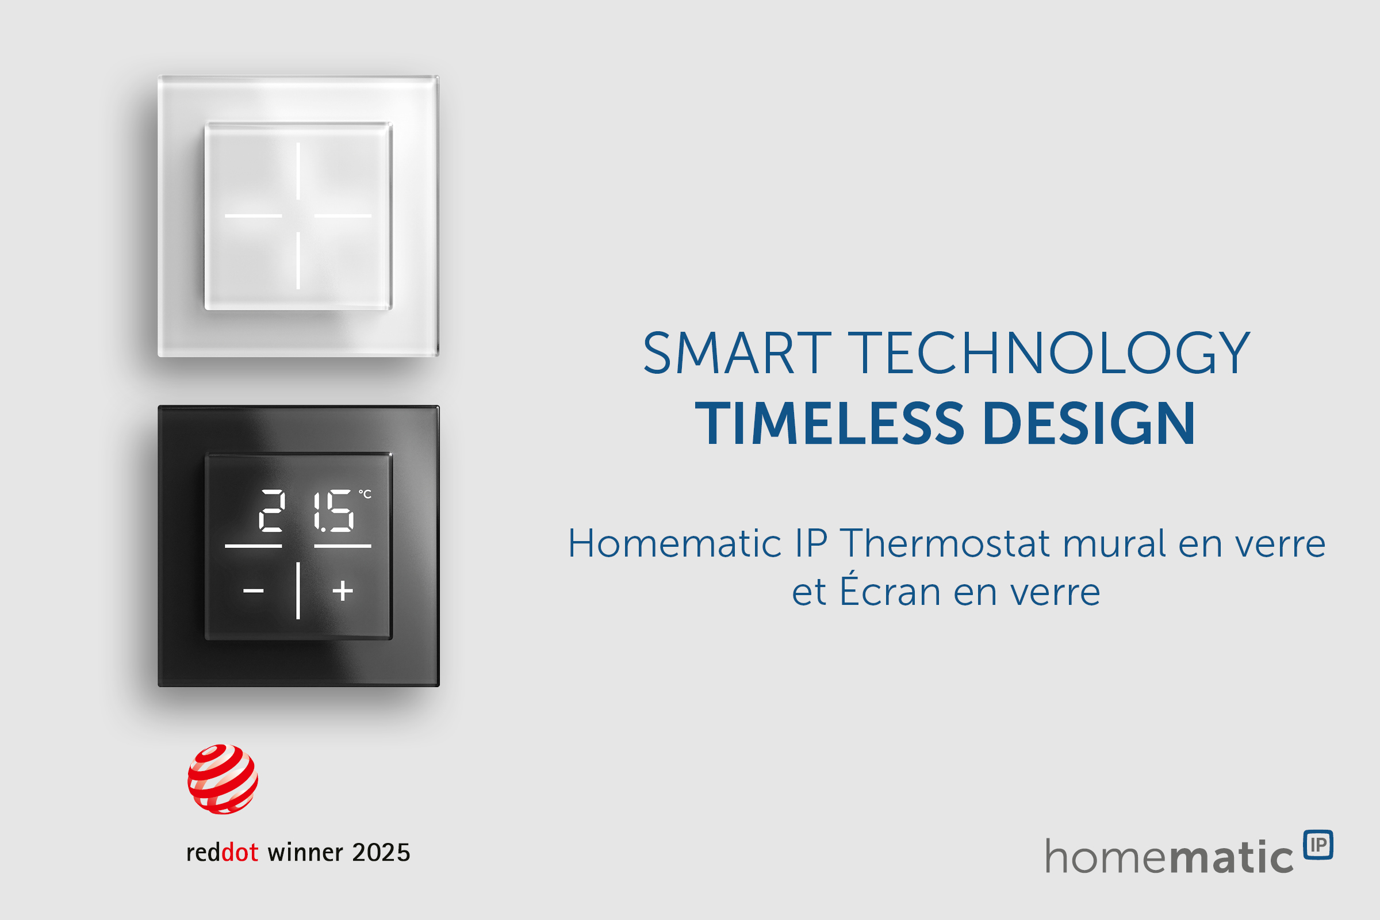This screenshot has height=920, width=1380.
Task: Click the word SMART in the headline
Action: click(x=737, y=352)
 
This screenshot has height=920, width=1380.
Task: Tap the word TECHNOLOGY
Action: click(x=1050, y=353)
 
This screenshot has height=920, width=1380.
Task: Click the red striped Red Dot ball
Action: click(x=223, y=779)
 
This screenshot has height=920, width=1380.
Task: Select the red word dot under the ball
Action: click(x=240, y=853)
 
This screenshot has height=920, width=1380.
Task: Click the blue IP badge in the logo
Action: click(x=1318, y=845)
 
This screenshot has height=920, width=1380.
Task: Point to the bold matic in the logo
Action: click(x=1232, y=857)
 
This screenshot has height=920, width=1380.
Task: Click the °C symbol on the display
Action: click(x=365, y=494)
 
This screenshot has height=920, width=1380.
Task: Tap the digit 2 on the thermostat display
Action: click(x=271, y=511)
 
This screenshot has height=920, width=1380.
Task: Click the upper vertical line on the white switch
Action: click(x=298, y=171)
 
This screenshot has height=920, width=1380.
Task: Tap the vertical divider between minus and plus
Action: click(x=298, y=591)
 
